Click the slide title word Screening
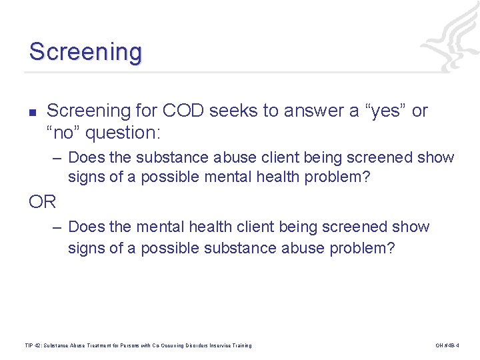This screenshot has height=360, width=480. (85, 52)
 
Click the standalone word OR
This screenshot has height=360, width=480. (43, 201)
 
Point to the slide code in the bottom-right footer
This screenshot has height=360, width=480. (447, 345)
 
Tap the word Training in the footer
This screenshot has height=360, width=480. (241, 345)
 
